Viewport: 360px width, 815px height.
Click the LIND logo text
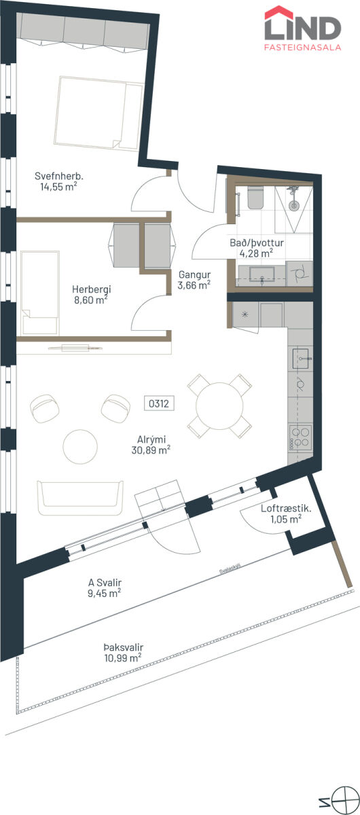tap(302, 29)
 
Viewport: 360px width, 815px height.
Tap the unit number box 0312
tap(159, 403)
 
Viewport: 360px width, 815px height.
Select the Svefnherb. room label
tap(59, 176)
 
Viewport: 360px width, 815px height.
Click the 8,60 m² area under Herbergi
tap(91, 300)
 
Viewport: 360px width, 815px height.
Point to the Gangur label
tap(194, 274)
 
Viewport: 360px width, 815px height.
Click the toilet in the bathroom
tap(255, 198)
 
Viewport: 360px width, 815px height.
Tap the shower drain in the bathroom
tap(293, 206)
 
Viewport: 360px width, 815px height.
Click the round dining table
tap(219, 405)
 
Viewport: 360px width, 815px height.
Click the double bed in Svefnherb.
tap(98, 113)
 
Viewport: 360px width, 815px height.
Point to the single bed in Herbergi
tap(39, 293)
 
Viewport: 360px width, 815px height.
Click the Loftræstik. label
tap(286, 508)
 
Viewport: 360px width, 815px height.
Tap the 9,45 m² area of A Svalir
tap(104, 593)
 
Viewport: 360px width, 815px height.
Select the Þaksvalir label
tap(124, 647)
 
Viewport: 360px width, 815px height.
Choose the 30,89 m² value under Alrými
tap(151, 450)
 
